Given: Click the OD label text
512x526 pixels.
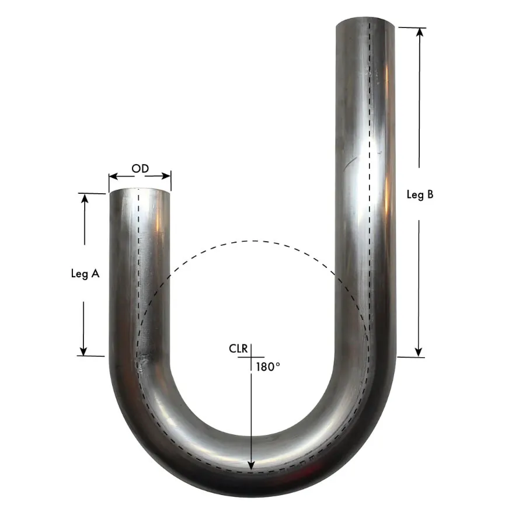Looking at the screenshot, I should [x=140, y=169].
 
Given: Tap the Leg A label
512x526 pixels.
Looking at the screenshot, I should [x=84, y=273].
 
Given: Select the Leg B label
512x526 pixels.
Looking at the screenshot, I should [x=420, y=195].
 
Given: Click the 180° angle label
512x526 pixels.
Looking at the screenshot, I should [x=269, y=367].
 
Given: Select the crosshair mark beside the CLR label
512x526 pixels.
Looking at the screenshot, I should [x=250, y=356].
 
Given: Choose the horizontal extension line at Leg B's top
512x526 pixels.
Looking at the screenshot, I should [x=412, y=27].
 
